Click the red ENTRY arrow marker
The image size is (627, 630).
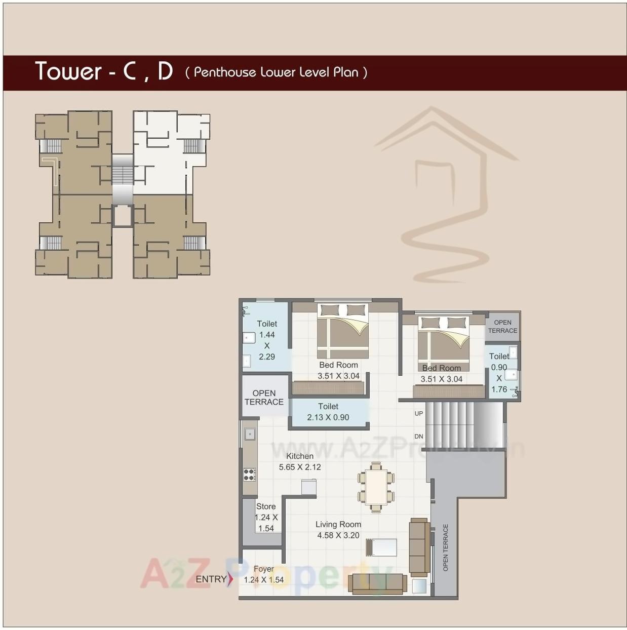tap(230, 579)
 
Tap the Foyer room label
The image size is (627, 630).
tap(263, 569)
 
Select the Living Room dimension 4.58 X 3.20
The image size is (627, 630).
tap(338, 535)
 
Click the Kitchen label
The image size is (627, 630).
tap(299, 456)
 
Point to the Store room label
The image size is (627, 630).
tap(266, 506)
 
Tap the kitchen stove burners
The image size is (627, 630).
tap(249, 475)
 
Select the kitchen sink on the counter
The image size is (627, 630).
tap(250, 434)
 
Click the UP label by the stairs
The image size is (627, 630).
tap(419, 414)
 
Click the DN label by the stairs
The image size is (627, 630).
tap(419, 437)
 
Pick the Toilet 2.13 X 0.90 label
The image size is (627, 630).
tap(328, 412)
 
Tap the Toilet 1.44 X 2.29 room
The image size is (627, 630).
tap(266, 340)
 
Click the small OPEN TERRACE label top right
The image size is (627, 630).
tap(502, 327)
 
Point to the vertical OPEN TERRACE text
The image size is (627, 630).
tap(446, 547)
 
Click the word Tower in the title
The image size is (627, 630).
tap(68, 71)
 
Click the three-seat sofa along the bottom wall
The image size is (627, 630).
tap(377, 583)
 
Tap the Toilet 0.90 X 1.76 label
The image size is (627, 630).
tap(499, 373)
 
